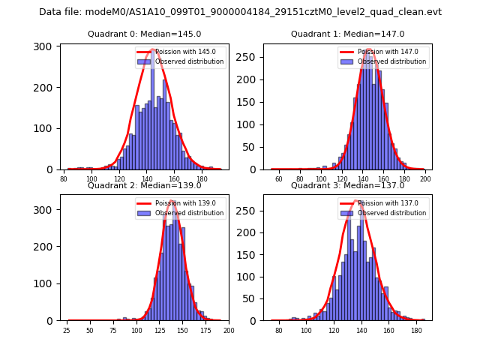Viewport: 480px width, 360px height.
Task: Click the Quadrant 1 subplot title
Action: [347, 34]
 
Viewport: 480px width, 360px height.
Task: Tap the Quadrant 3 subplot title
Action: [347, 186]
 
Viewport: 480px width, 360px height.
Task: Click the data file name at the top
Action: [240, 12]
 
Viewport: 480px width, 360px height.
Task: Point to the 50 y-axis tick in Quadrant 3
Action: [249, 298]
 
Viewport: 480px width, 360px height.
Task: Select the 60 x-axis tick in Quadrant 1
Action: [279, 179]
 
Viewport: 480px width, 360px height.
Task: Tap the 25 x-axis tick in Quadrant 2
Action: [67, 331]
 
